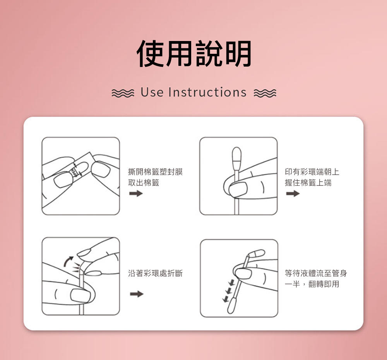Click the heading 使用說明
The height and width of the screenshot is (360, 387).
point(194,53)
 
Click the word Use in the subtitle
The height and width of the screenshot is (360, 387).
point(152,92)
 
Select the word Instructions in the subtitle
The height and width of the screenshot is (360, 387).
point(207,92)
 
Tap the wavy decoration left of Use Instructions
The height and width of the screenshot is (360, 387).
point(123,93)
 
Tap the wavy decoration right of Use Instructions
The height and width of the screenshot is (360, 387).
point(265,93)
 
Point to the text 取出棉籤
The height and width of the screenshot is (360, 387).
point(144,183)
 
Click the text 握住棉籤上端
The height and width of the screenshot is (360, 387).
point(308,183)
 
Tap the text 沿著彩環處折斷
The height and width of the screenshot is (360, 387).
point(155,273)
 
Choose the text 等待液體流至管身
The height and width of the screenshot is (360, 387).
point(316,273)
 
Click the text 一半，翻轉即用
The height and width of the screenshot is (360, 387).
point(312,284)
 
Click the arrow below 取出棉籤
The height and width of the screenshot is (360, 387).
point(136,193)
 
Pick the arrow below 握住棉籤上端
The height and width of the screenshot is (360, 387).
point(293,193)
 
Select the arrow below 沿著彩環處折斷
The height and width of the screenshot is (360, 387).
point(137,294)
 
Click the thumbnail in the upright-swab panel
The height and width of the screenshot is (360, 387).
point(238,189)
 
